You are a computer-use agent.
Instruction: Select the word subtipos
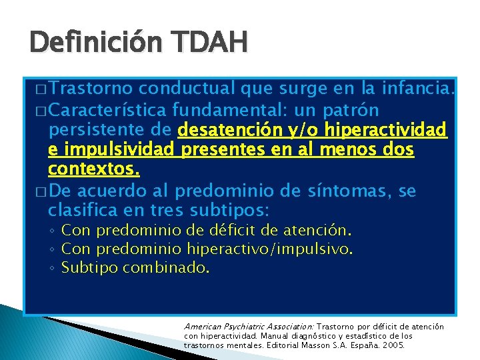[x=229, y=212]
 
